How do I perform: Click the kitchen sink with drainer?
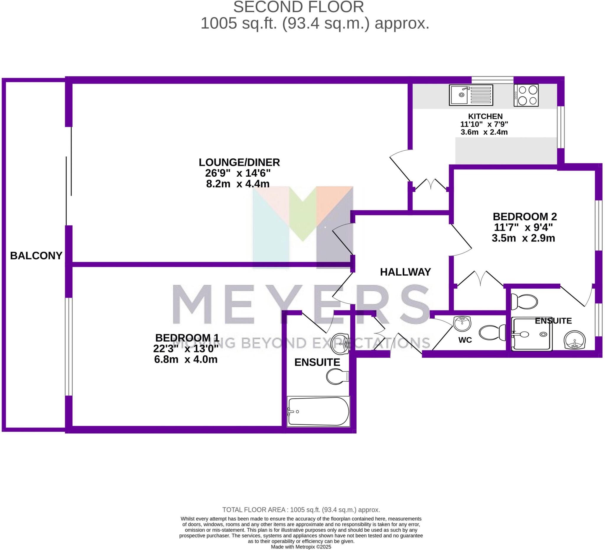pyautogui.click(x=471, y=95)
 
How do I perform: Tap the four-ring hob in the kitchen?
pyautogui.click(x=526, y=95)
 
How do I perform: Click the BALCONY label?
pyautogui.click(x=36, y=256)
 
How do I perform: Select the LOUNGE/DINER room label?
pyautogui.click(x=239, y=162)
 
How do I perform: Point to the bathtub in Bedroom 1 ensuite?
pyautogui.click(x=318, y=411)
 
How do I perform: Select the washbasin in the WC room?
pyautogui.click(x=462, y=323)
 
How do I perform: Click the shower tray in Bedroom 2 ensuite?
pyautogui.click(x=531, y=334)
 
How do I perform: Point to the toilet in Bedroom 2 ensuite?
pyautogui.click(x=524, y=302)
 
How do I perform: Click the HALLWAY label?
pyautogui.click(x=405, y=272)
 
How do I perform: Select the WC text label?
pyautogui.click(x=465, y=340)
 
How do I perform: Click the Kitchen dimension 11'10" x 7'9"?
pyautogui.click(x=484, y=124)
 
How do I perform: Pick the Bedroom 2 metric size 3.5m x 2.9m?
pyautogui.click(x=523, y=238)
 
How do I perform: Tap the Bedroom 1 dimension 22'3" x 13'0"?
pyautogui.click(x=186, y=348)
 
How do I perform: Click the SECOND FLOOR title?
pyautogui.click(x=299, y=7)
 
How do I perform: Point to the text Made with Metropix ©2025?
pyautogui.click(x=301, y=547)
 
